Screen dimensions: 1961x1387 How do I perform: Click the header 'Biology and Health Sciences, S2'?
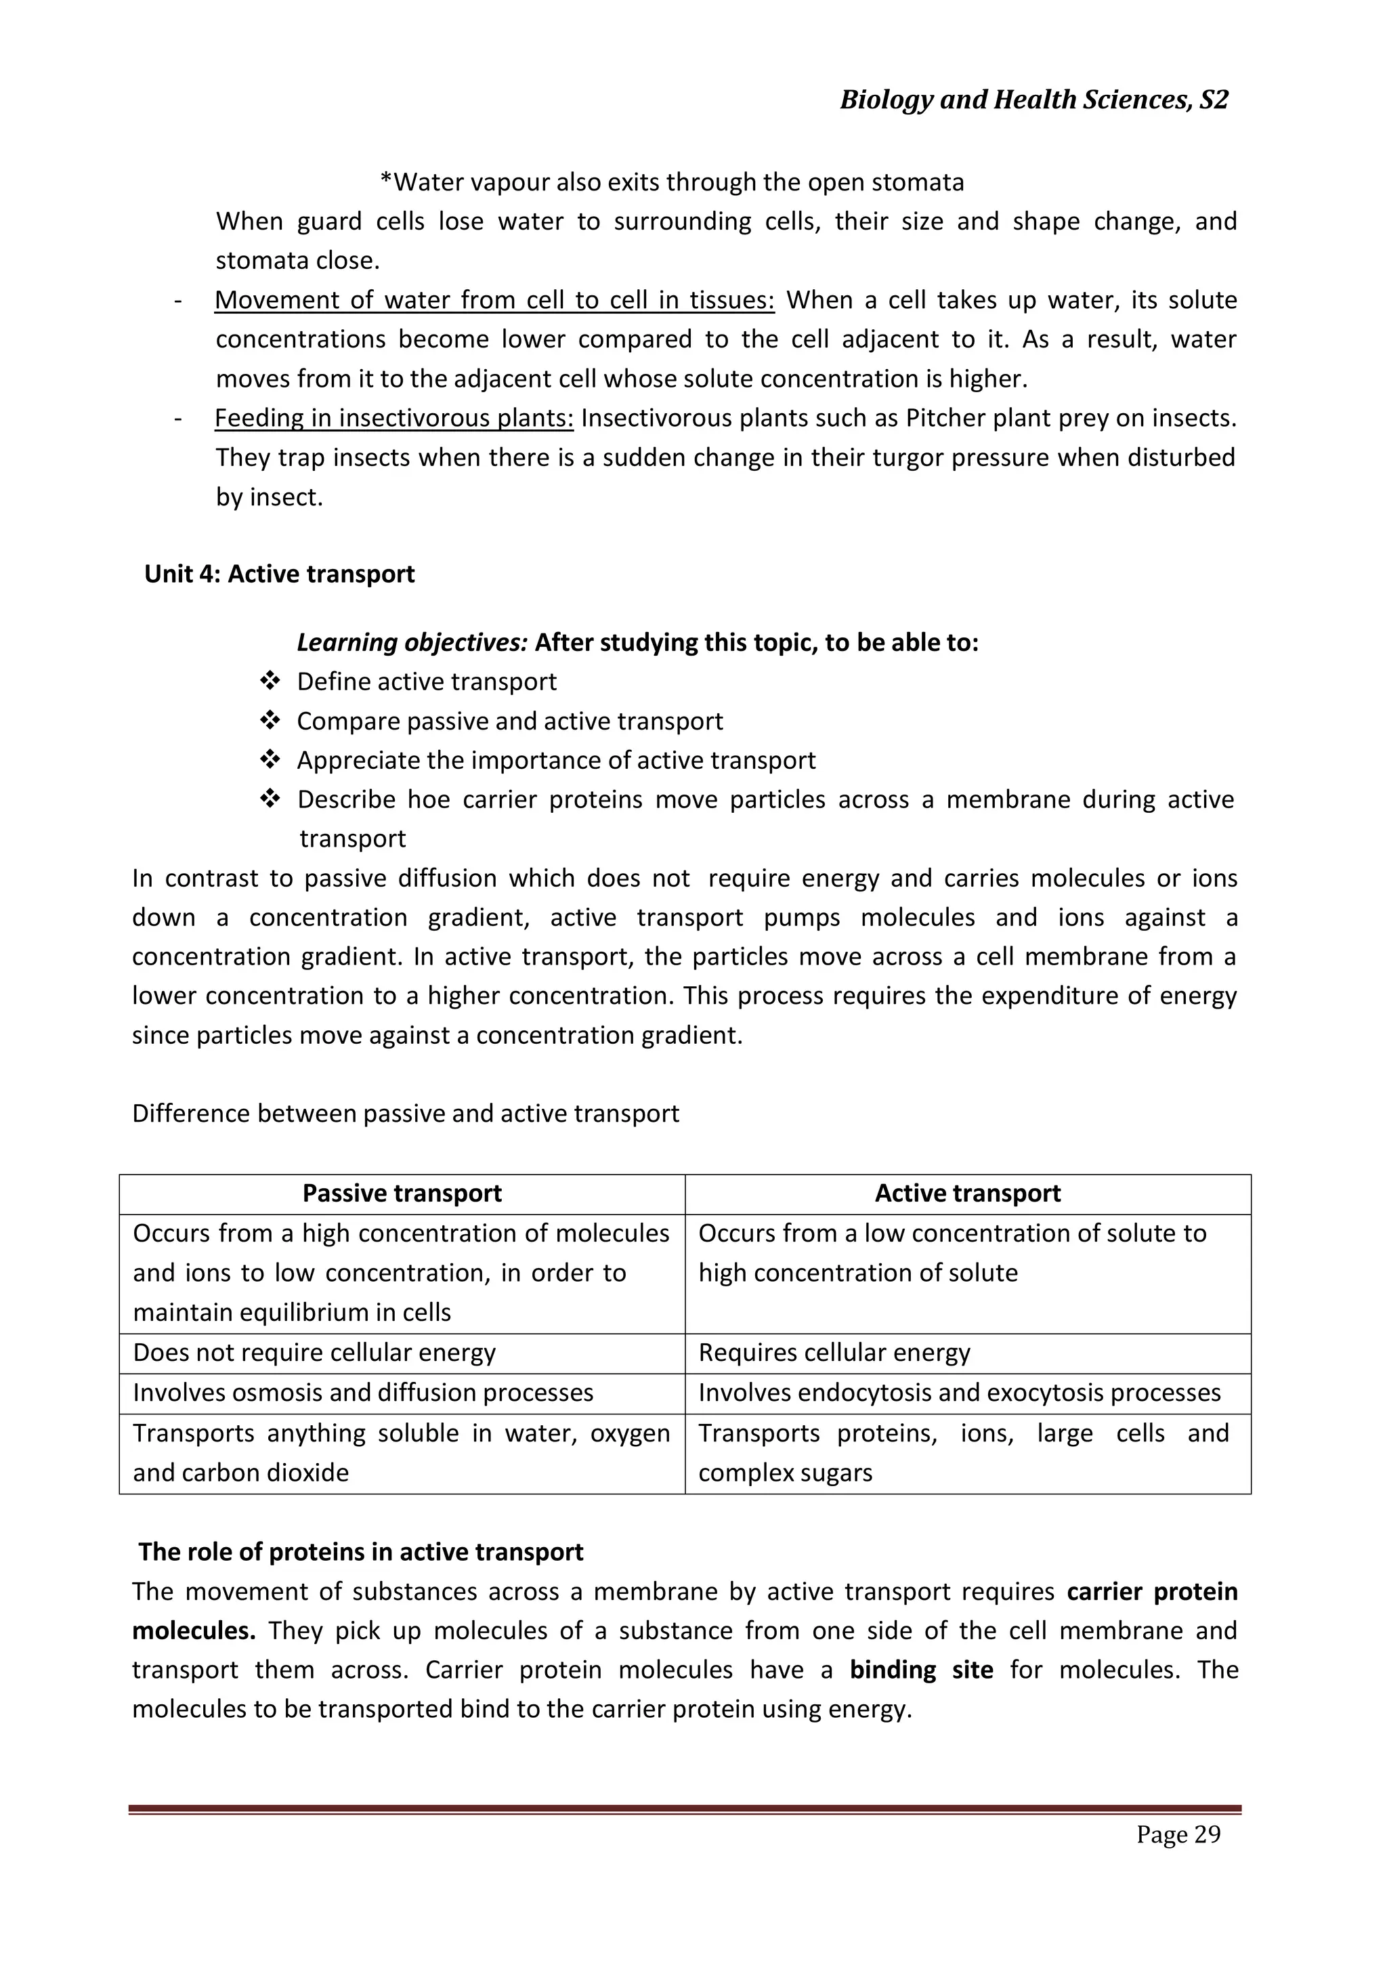coord(1033,100)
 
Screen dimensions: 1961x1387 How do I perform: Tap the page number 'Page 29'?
coord(1178,1834)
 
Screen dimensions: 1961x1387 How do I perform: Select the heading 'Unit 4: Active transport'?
coord(279,574)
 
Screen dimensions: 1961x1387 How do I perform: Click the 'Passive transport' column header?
coord(402,1193)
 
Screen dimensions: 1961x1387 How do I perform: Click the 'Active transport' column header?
coord(967,1193)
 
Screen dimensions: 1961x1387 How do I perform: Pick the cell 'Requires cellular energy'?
coord(834,1353)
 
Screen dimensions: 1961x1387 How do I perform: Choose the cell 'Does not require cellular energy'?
coord(314,1353)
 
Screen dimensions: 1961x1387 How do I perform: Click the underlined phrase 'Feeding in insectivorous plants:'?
coord(393,419)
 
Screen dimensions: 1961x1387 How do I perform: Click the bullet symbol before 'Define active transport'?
coord(270,681)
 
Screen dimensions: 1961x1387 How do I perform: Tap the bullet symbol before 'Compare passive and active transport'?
coord(270,721)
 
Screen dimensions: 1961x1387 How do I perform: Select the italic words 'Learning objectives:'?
coord(412,642)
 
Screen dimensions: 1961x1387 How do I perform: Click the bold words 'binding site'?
coord(920,1670)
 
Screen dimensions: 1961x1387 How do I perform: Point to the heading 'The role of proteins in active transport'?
coord(360,1552)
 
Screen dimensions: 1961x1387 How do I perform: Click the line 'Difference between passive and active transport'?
coord(406,1114)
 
